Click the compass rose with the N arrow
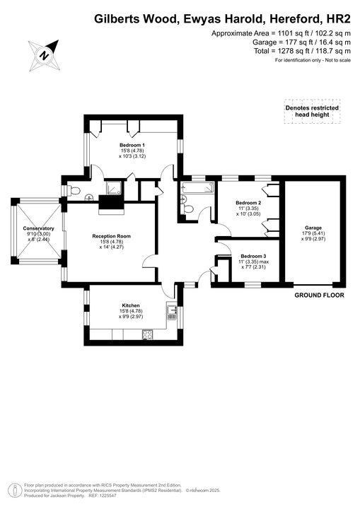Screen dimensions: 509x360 [x=44, y=54]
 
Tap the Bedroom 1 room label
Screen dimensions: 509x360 [x=132, y=145]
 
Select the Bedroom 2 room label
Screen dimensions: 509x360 [x=248, y=202]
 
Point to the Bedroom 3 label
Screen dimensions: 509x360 [x=253, y=256]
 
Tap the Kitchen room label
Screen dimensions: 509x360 [x=130, y=305]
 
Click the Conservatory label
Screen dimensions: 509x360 [x=38, y=228]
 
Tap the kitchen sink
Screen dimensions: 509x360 [x=171, y=309]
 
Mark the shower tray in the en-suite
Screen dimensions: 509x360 [x=114, y=188]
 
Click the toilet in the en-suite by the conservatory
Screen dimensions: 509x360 [x=75, y=190]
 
